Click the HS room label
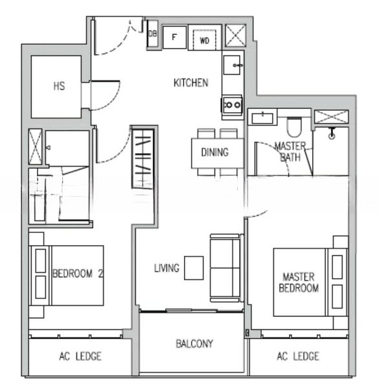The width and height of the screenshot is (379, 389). [59, 86]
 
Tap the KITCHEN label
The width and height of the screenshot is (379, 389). [191, 83]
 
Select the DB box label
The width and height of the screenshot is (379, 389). [152, 34]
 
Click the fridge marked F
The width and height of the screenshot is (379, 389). [174, 37]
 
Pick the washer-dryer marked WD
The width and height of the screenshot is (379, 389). [205, 40]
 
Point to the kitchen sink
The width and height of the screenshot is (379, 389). [232, 65]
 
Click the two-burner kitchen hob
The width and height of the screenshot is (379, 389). [232, 104]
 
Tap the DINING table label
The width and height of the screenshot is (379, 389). [215, 152]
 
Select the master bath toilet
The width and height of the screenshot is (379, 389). [294, 126]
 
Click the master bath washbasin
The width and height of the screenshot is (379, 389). [262, 119]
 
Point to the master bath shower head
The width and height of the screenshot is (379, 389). [332, 133]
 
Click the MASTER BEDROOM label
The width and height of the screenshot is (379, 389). [299, 282]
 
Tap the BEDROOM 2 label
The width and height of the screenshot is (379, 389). [78, 274]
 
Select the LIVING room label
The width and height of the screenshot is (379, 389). [167, 268]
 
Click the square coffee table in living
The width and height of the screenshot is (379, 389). [194, 268]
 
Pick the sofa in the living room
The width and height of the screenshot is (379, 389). [225, 268]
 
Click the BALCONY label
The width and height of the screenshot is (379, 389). [194, 344]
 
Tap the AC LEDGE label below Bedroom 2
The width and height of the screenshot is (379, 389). [80, 356]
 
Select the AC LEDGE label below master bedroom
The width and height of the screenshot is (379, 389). [298, 356]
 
